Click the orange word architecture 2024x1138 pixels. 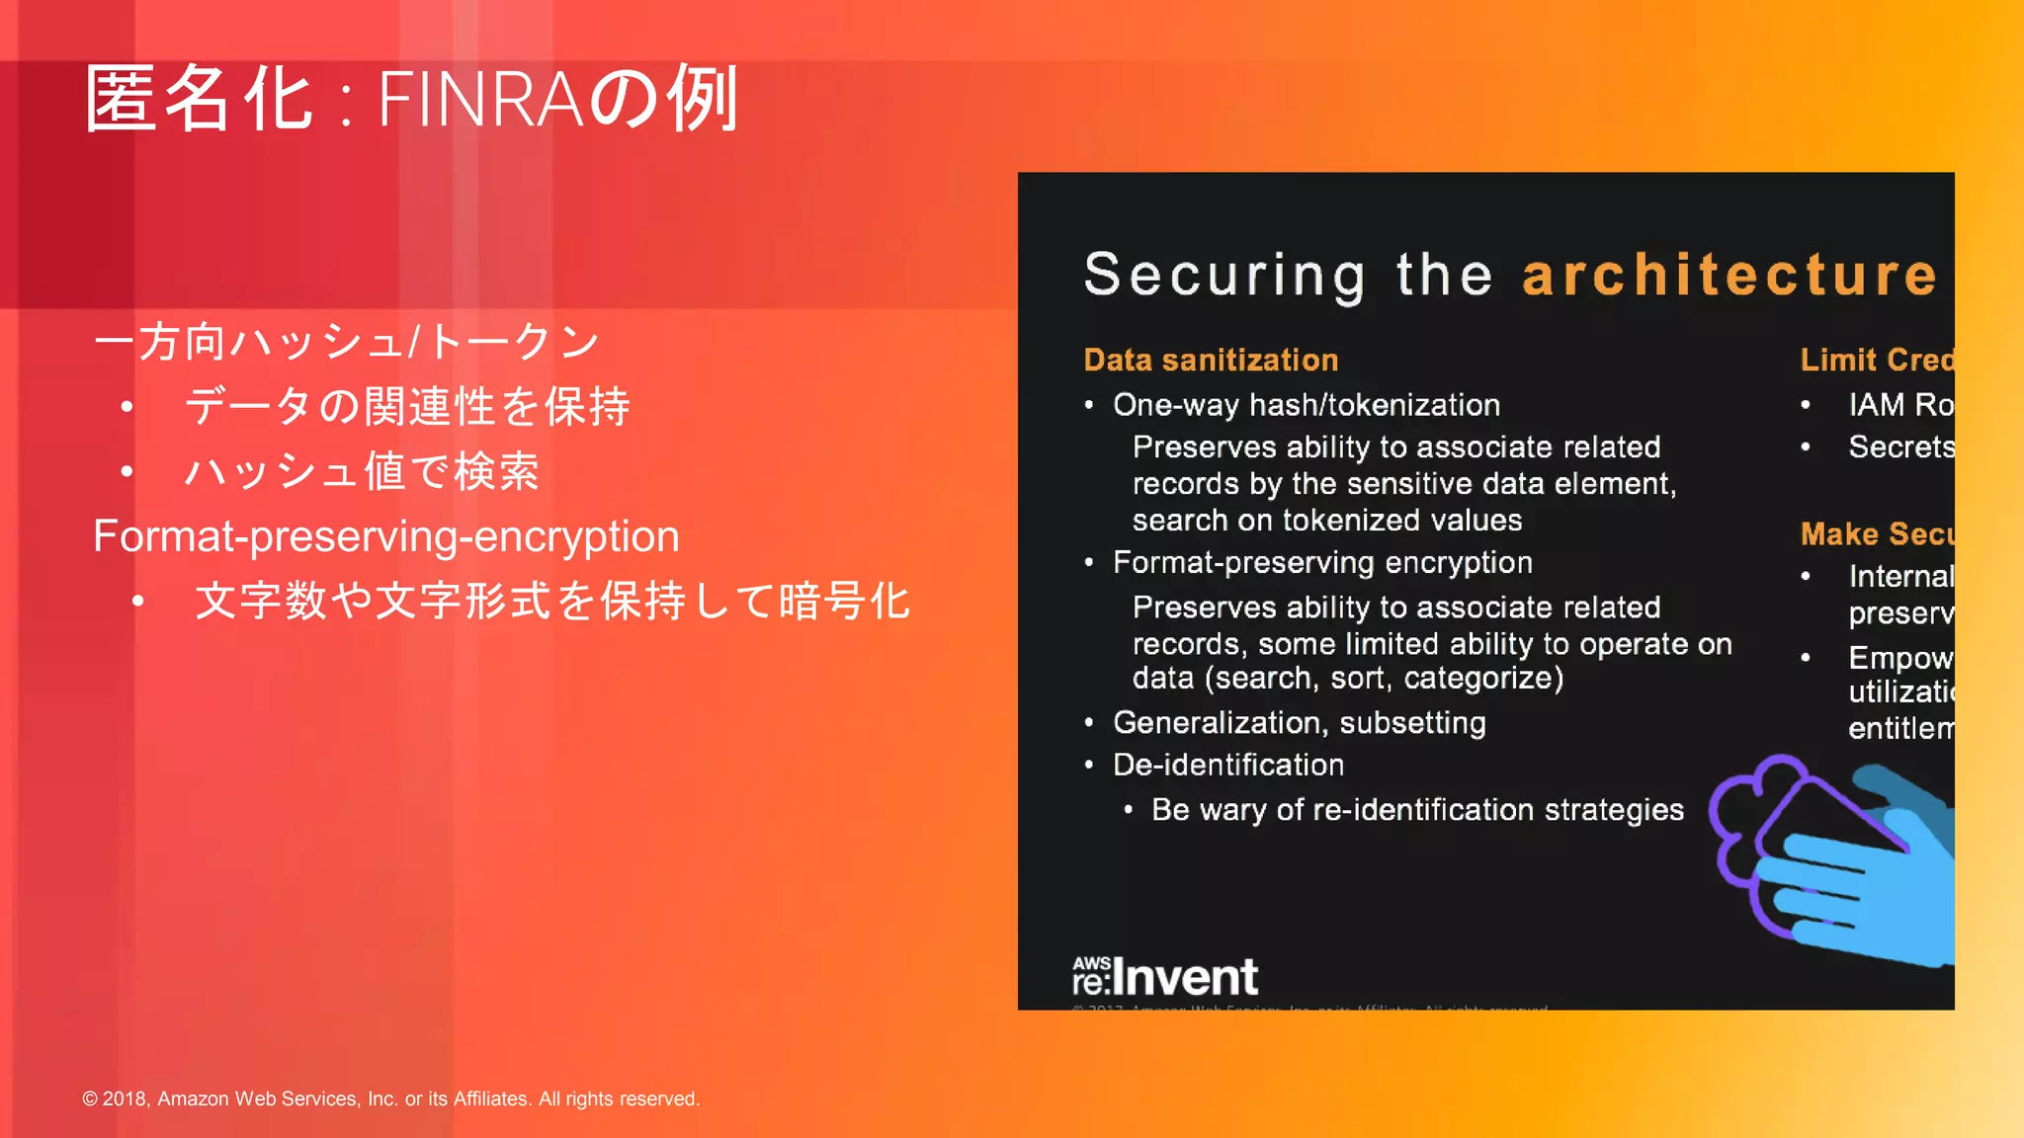(x=1729, y=275)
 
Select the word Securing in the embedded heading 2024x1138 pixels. (x=1225, y=275)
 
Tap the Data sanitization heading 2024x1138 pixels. (x=1211, y=360)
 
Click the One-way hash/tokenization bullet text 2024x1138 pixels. (x=1306, y=405)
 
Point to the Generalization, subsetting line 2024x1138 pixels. (x=1299, y=723)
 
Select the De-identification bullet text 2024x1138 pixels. (x=1227, y=766)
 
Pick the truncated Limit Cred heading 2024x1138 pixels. (x=1876, y=360)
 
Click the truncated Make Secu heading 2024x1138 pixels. (x=1876, y=534)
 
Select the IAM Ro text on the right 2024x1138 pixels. (x=1899, y=405)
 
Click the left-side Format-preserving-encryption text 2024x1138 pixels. (x=385, y=536)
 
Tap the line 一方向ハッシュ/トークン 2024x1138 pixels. (x=346, y=343)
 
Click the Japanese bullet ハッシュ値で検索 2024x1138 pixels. (x=362, y=471)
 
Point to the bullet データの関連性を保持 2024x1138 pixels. (x=407, y=407)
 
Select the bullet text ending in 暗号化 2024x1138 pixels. (x=551, y=602)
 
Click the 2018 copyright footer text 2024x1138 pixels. (x=390, y=1098)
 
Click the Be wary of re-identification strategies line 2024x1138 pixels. (x=1416, y=810)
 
